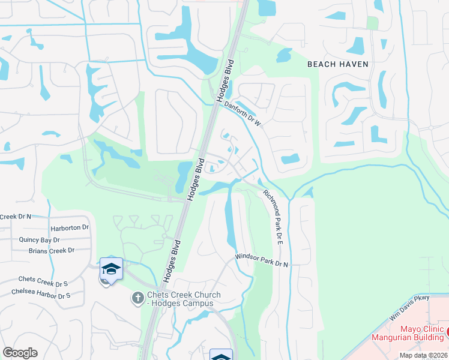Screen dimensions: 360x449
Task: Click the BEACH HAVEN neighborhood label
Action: (x=337, y=64)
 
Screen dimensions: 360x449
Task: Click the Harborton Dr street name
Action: (x=70, y=228)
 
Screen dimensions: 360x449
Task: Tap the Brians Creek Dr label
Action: (x=51, y=250)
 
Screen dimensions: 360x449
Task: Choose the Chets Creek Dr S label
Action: (x=43, y=280)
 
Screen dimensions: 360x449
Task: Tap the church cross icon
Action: (x=137, y=298)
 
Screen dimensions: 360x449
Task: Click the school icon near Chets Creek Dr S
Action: (x=111, y=268)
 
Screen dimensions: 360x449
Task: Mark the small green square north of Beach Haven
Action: (x=373, y=23)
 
